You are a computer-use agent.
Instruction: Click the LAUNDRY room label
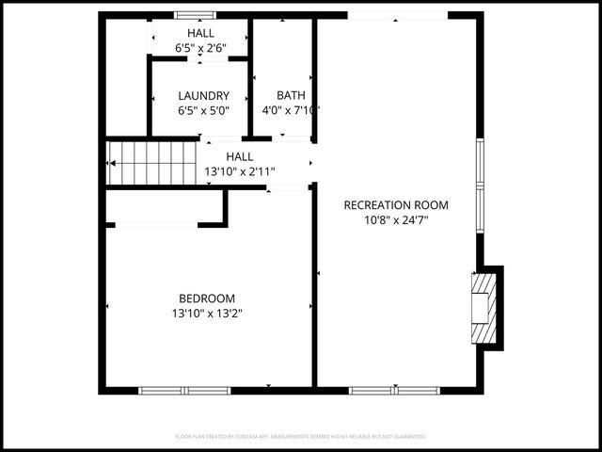click(x=203, y=95)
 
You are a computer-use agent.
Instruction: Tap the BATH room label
click(x=291, y=95)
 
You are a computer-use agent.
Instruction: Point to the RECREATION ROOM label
click(x=396, y=205)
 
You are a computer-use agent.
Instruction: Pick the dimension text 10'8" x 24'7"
click(x=396, y=220)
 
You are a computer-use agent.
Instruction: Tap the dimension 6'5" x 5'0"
click(x=203, y=110)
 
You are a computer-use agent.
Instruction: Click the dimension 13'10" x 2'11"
click(x=240, y=171)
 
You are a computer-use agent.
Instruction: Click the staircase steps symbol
click(x=151, y=163)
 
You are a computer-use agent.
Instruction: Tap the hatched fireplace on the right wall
click(x=483, y=308)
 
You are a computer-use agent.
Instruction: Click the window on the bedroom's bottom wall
click(x=184, y=390)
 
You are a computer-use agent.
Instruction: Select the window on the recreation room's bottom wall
click(x=395, y=390)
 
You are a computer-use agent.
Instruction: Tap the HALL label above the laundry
click(x=200, y=33)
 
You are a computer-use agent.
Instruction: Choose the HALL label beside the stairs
click(x=240, y=157)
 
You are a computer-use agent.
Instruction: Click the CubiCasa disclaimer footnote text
click(x=301, y=437)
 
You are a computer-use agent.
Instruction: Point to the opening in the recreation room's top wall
click(x=398, y=16)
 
